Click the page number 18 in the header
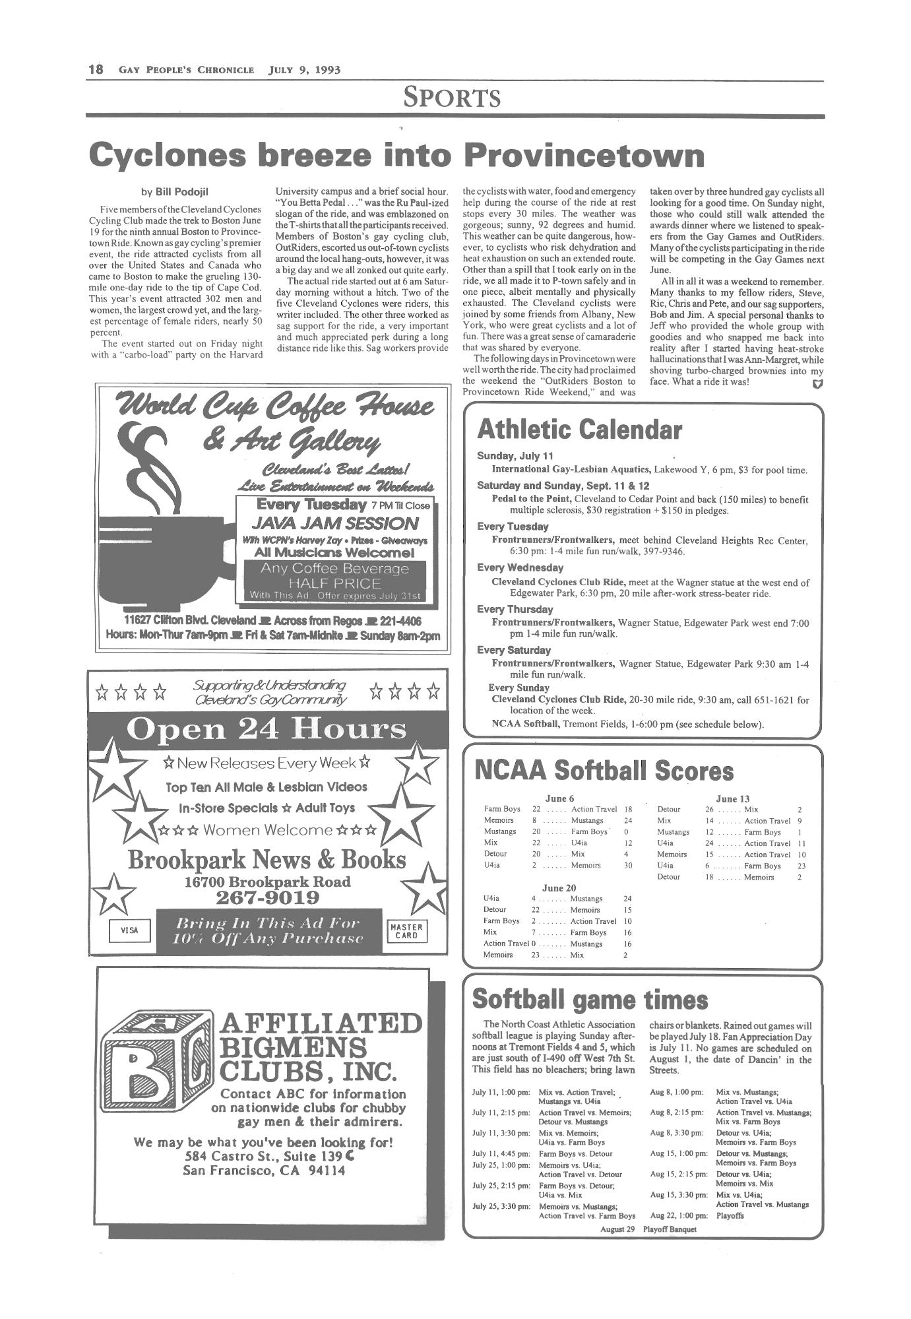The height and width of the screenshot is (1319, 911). tap(96, 69)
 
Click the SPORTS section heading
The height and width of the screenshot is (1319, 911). tap(453, 98)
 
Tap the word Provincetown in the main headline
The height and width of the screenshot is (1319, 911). tap(584, 155)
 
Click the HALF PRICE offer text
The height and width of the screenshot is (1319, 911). tap(334, 583)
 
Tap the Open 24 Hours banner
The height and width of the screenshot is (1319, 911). tap(266, 729)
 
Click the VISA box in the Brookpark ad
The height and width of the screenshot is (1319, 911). tap(129, 930)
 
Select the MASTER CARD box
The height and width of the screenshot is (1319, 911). tap(406, 930)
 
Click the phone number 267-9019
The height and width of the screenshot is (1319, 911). tap(267, 898)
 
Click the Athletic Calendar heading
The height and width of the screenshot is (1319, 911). tap(579, 430)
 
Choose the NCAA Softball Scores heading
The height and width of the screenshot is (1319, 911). tap(604, 771)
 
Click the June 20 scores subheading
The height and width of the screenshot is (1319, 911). tap(559, 887)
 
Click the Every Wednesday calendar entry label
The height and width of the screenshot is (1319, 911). tap(520, 567)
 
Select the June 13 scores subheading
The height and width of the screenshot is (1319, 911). tap(732, 798)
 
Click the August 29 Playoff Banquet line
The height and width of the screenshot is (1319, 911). tap(648, 1229)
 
